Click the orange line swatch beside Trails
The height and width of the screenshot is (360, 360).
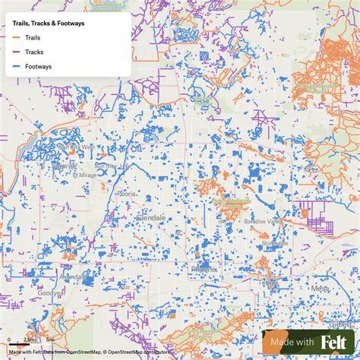16,36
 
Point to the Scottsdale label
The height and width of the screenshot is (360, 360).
275,242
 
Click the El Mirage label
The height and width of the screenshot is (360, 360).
86,175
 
